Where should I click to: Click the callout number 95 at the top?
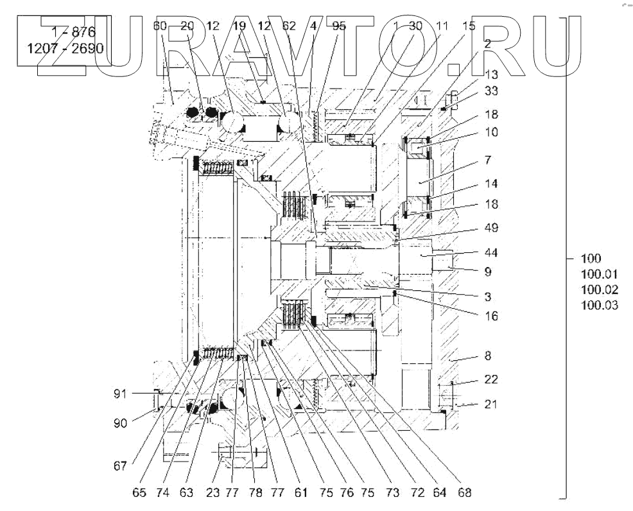tap(339, 26)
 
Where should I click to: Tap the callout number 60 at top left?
tap(160, 26)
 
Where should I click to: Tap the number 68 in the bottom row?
tap(465, 493)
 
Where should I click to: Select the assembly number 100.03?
tap(599, 305)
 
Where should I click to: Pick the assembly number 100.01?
tap(599, 274)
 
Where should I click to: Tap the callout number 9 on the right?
tap(488, 272)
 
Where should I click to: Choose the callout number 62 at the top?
tap(289, 26)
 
